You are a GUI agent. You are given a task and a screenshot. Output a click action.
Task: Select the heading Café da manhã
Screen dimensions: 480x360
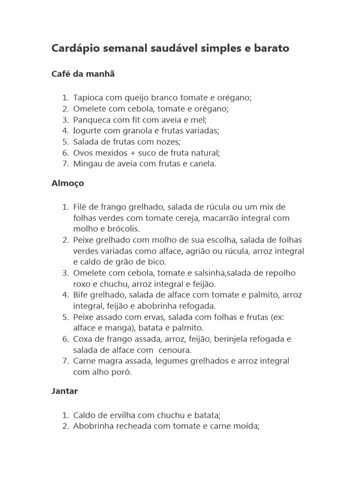click(83, 74)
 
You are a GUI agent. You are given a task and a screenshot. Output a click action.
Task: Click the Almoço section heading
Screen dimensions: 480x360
click(68, 183)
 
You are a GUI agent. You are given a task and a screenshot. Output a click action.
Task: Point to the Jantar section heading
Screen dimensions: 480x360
click(65, 391)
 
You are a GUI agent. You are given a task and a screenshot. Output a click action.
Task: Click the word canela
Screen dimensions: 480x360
click(202, 164)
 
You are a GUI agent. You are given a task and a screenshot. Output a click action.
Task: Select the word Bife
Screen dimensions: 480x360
click(82, 295)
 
